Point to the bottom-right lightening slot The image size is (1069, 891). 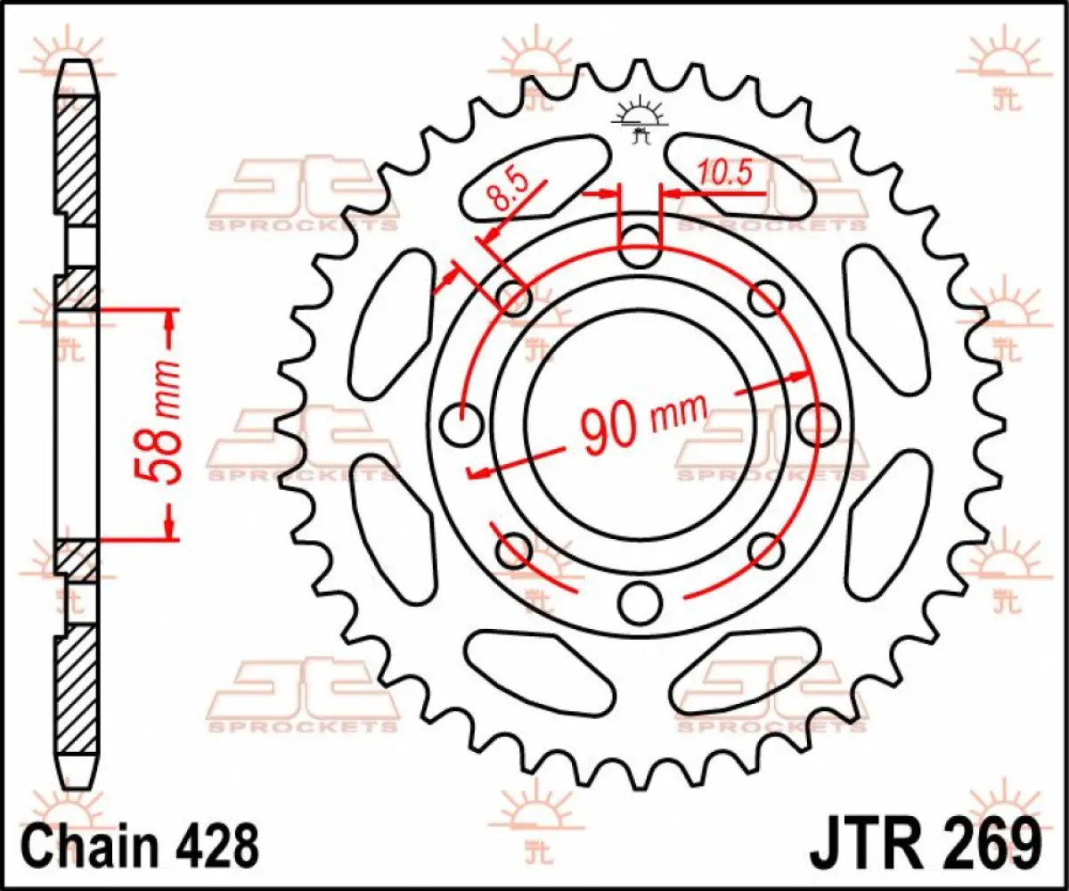747,670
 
